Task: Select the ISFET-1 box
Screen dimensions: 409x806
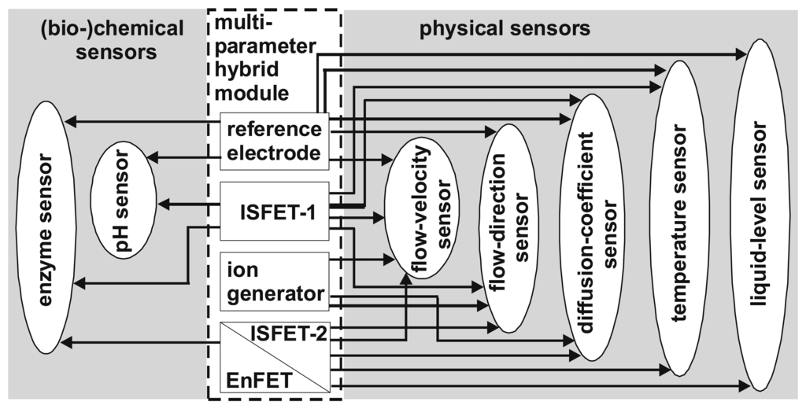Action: tap(274, 210)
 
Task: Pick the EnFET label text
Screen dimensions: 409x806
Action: tap(260, 381)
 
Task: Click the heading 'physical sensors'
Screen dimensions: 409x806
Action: tap(504, 30)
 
